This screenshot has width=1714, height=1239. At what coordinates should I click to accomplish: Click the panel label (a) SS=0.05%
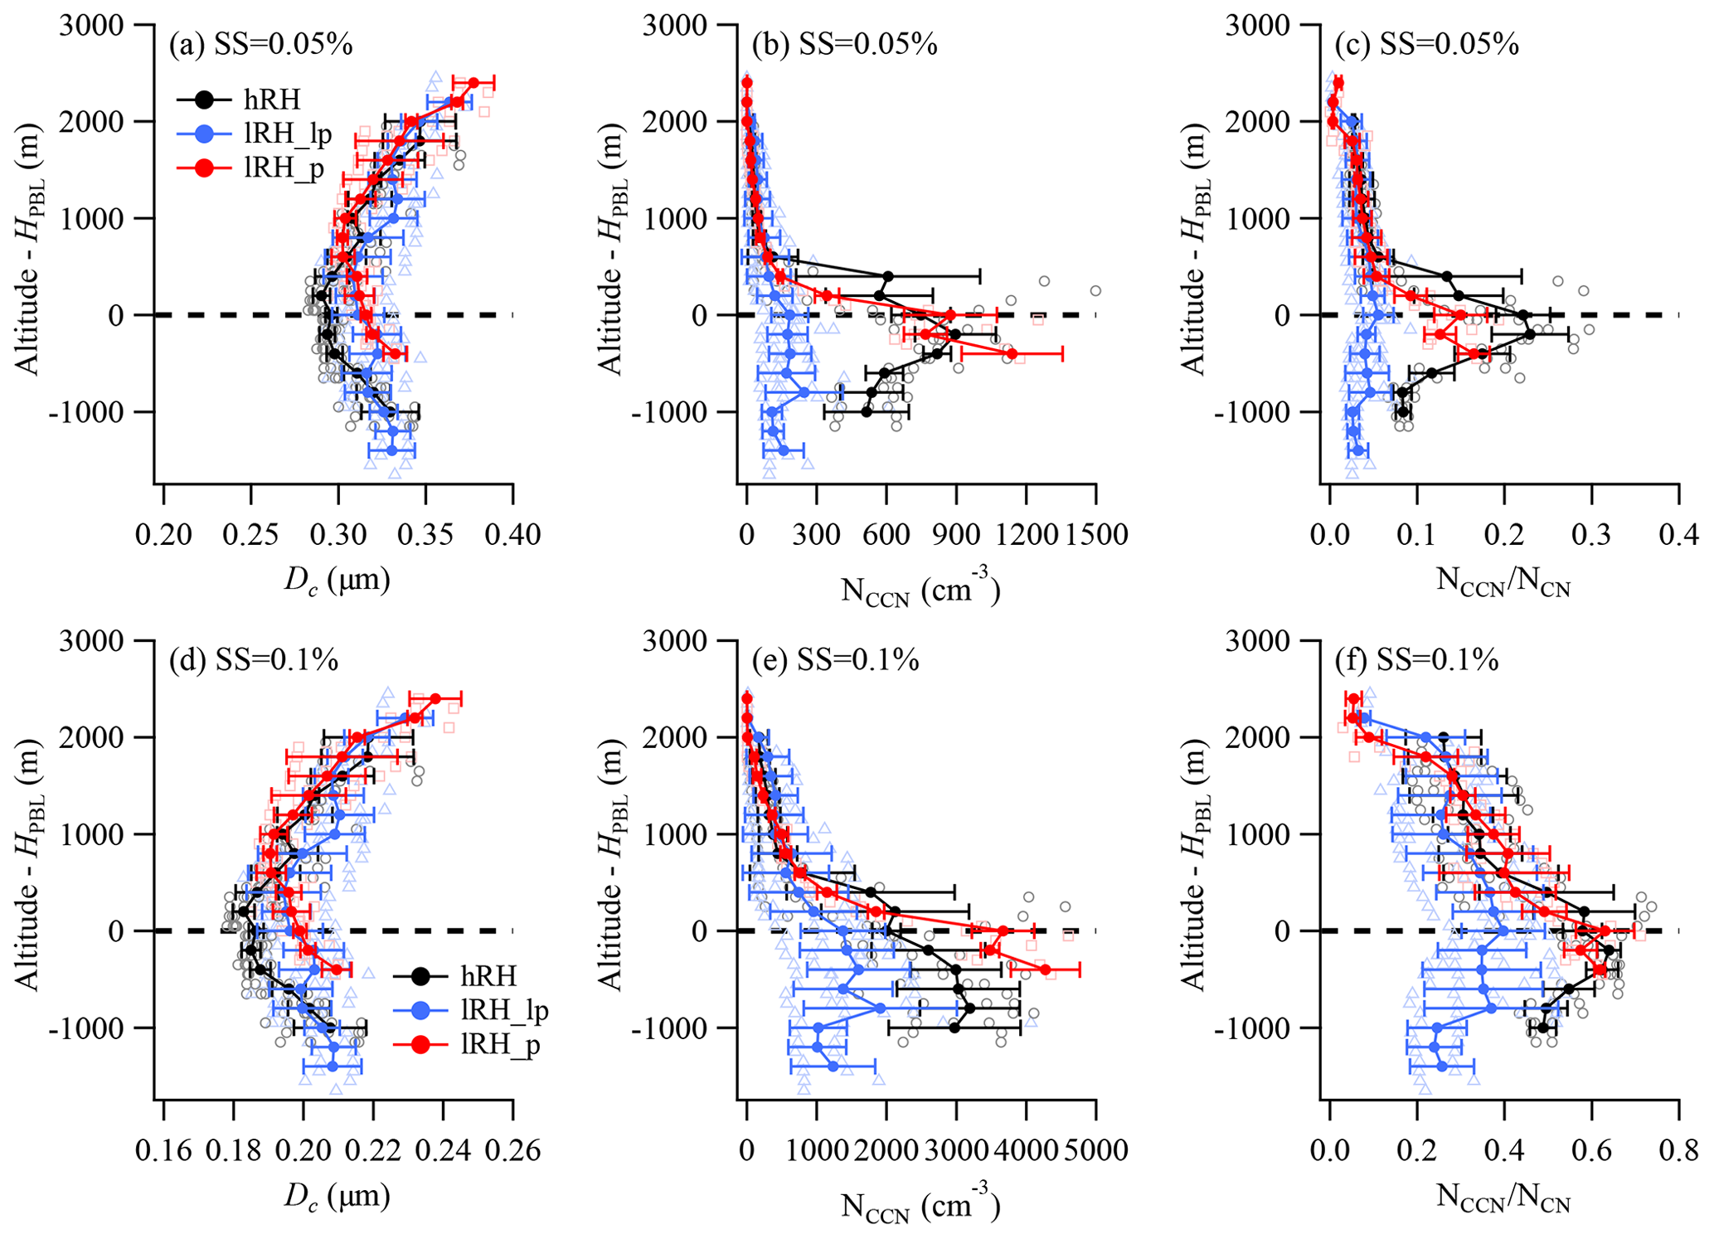(x=260, y=44)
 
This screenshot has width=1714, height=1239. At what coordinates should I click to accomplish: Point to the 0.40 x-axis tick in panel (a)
(x=513, y=535)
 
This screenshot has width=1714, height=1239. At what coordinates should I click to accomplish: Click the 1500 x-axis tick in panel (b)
(x=1096, y=535)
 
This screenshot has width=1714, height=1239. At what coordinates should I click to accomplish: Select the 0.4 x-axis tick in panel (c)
(x=1679, y=535)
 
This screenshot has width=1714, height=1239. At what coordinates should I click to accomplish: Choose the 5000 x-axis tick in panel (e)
(x=1096, y=1151)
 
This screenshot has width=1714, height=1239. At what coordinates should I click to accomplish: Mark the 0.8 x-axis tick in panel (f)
(x=1679, y=1151)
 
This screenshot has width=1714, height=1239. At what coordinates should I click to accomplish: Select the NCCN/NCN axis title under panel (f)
(x=1503, y=1198)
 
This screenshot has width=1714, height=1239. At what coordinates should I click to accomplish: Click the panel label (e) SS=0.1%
(x=836, y=660)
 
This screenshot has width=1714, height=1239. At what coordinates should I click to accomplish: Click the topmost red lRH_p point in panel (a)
(x=473, y=82)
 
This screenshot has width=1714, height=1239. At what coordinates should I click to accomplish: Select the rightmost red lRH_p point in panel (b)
(x=1012, y=353)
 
